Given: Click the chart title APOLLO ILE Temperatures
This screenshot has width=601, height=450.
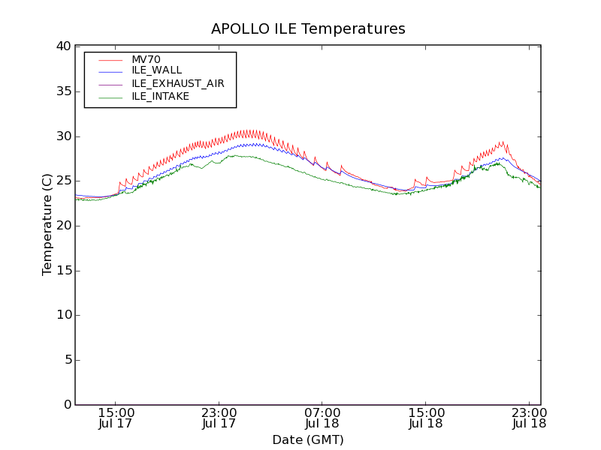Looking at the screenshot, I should click(x=308, y=29).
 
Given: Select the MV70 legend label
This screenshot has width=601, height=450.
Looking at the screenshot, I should click(x=146, y=59).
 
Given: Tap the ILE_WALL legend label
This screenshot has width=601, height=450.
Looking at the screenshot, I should click(x=156, y=70).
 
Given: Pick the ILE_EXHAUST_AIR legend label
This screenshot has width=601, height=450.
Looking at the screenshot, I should click(x=177, y=83).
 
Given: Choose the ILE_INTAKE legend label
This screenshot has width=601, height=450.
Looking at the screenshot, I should click(x=160, y=96).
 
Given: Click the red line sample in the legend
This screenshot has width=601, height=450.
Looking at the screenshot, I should click(x=110, y=59).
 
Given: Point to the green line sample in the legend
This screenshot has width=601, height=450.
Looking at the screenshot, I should click(x=110, y=97).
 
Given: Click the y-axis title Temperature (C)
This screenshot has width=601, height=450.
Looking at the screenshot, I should click(x=47, y=224).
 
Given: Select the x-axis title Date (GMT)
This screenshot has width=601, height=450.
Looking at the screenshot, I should click(x=308, y=439).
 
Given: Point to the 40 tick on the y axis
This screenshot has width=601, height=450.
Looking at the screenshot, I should click(x=63, y=46).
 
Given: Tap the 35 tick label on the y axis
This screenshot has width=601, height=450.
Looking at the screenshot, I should click(x=63, y=91).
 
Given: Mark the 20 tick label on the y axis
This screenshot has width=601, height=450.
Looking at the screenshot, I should click(x=63, y=226).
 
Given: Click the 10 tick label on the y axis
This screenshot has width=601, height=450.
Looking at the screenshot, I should click(x=63, y=315).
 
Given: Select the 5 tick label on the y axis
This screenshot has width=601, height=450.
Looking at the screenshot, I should click(x=66, y=360).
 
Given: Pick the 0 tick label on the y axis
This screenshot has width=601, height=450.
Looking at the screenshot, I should click(x=66, y=405).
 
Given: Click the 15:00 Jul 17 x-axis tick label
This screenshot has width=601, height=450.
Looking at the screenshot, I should click(x=116, y=418).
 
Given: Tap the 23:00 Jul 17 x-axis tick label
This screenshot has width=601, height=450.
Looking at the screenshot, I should click(x=219, y=418).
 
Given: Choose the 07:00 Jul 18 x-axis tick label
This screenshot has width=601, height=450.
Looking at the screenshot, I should click(x=323, y=418).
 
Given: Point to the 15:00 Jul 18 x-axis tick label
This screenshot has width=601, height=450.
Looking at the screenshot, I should click(x=426, y=418).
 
